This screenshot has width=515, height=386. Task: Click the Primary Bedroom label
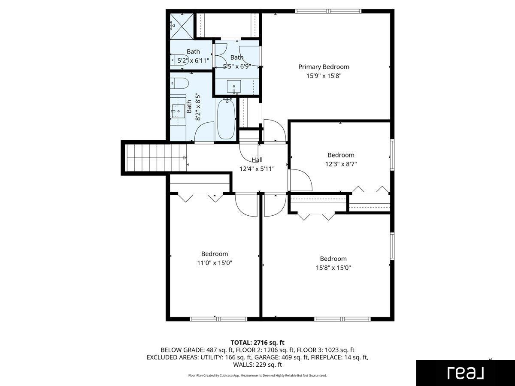(324, 67)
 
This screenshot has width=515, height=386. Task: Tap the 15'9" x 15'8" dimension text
(324, 76)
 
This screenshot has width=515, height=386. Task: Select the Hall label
(257, 160)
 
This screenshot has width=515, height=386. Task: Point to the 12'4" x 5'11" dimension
(257, 169)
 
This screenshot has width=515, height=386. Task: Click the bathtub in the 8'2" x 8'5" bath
(226, 119)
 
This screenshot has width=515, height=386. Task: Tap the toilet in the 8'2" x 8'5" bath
(179, 84)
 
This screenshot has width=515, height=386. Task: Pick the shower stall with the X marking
(182, 27)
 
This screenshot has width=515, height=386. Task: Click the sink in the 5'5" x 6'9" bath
(234, 87)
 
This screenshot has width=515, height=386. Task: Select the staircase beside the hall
(156, 158)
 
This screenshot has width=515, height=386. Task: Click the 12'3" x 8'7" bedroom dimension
(341, 164)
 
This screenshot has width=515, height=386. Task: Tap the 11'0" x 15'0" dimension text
(215, 263)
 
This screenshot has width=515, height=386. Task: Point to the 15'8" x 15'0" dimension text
(333, 268)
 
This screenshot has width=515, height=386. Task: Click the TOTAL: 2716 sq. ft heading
(257, 343)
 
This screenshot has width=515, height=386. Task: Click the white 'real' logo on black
(466, 373)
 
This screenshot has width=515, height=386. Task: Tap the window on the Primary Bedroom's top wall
(328, 11)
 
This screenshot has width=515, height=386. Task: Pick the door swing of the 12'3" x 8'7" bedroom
(300, 180)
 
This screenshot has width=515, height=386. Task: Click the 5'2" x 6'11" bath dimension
(193, 61)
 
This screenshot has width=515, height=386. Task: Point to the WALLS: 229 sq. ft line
(257, 365)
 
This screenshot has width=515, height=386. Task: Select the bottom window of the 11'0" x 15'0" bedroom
(218, 319)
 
